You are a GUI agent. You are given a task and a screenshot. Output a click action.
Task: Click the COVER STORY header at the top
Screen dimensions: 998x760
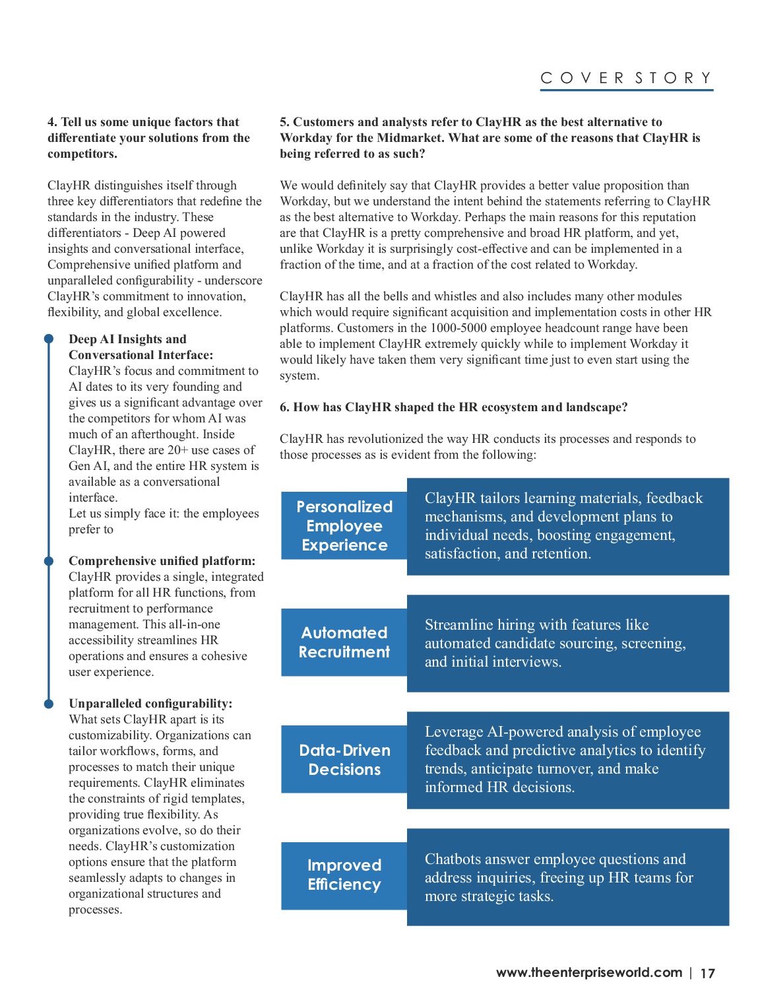(x=626, y=78)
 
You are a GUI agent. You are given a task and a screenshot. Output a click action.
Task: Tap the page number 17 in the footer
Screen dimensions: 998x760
(x=707, y=973)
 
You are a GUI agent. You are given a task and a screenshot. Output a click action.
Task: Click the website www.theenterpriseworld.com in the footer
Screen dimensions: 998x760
(x=588, y=972)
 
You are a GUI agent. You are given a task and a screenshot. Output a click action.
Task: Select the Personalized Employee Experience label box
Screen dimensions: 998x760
(x=344, y=526)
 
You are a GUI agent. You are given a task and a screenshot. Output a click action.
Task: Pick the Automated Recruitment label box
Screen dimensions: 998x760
(x=344, y=642)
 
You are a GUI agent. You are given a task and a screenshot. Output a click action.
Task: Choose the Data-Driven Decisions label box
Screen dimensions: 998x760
(x=344, y=760)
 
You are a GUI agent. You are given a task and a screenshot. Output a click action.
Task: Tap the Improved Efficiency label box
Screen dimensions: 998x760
(x=344, y=875)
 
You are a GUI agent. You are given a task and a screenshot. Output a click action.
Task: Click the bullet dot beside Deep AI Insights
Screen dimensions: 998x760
(x=49, y=339)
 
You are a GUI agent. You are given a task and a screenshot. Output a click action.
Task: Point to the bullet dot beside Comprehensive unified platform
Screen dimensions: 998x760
(x=49, y=561)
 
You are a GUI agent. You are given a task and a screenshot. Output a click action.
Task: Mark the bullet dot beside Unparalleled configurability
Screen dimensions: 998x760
(x=49, y=704)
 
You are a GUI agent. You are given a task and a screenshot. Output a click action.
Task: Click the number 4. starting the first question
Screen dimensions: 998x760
(x=52, y=122)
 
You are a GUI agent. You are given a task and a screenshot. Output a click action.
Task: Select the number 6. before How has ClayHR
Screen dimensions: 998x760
(x=284, y=407)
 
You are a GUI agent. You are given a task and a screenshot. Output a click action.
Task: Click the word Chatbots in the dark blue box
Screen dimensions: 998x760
(x=453, y=859)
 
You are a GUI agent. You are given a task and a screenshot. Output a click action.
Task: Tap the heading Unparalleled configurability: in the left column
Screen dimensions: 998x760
(x=150, y=704)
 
